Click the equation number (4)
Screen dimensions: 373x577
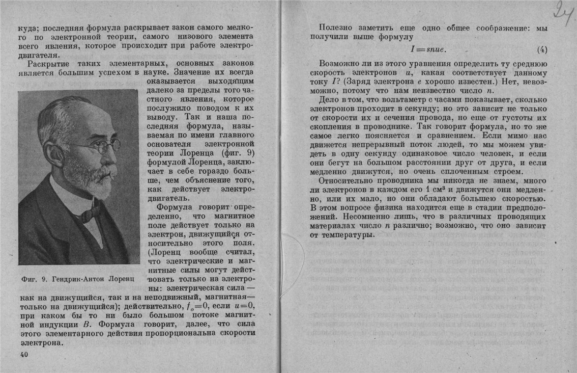(542, 50)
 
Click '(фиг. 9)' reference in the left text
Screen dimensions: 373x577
(238, 152)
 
